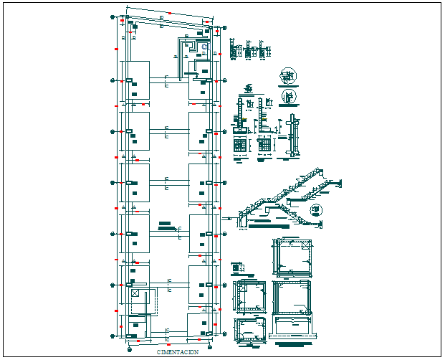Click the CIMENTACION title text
point(178,352)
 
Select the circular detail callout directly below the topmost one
point(290,96)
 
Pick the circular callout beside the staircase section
point(317,211)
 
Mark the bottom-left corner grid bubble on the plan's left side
point(113,335)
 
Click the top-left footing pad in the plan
point(136,80)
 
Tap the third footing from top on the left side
point(136,183)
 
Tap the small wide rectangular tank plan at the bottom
point(252,331)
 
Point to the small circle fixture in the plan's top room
point(204,47)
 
